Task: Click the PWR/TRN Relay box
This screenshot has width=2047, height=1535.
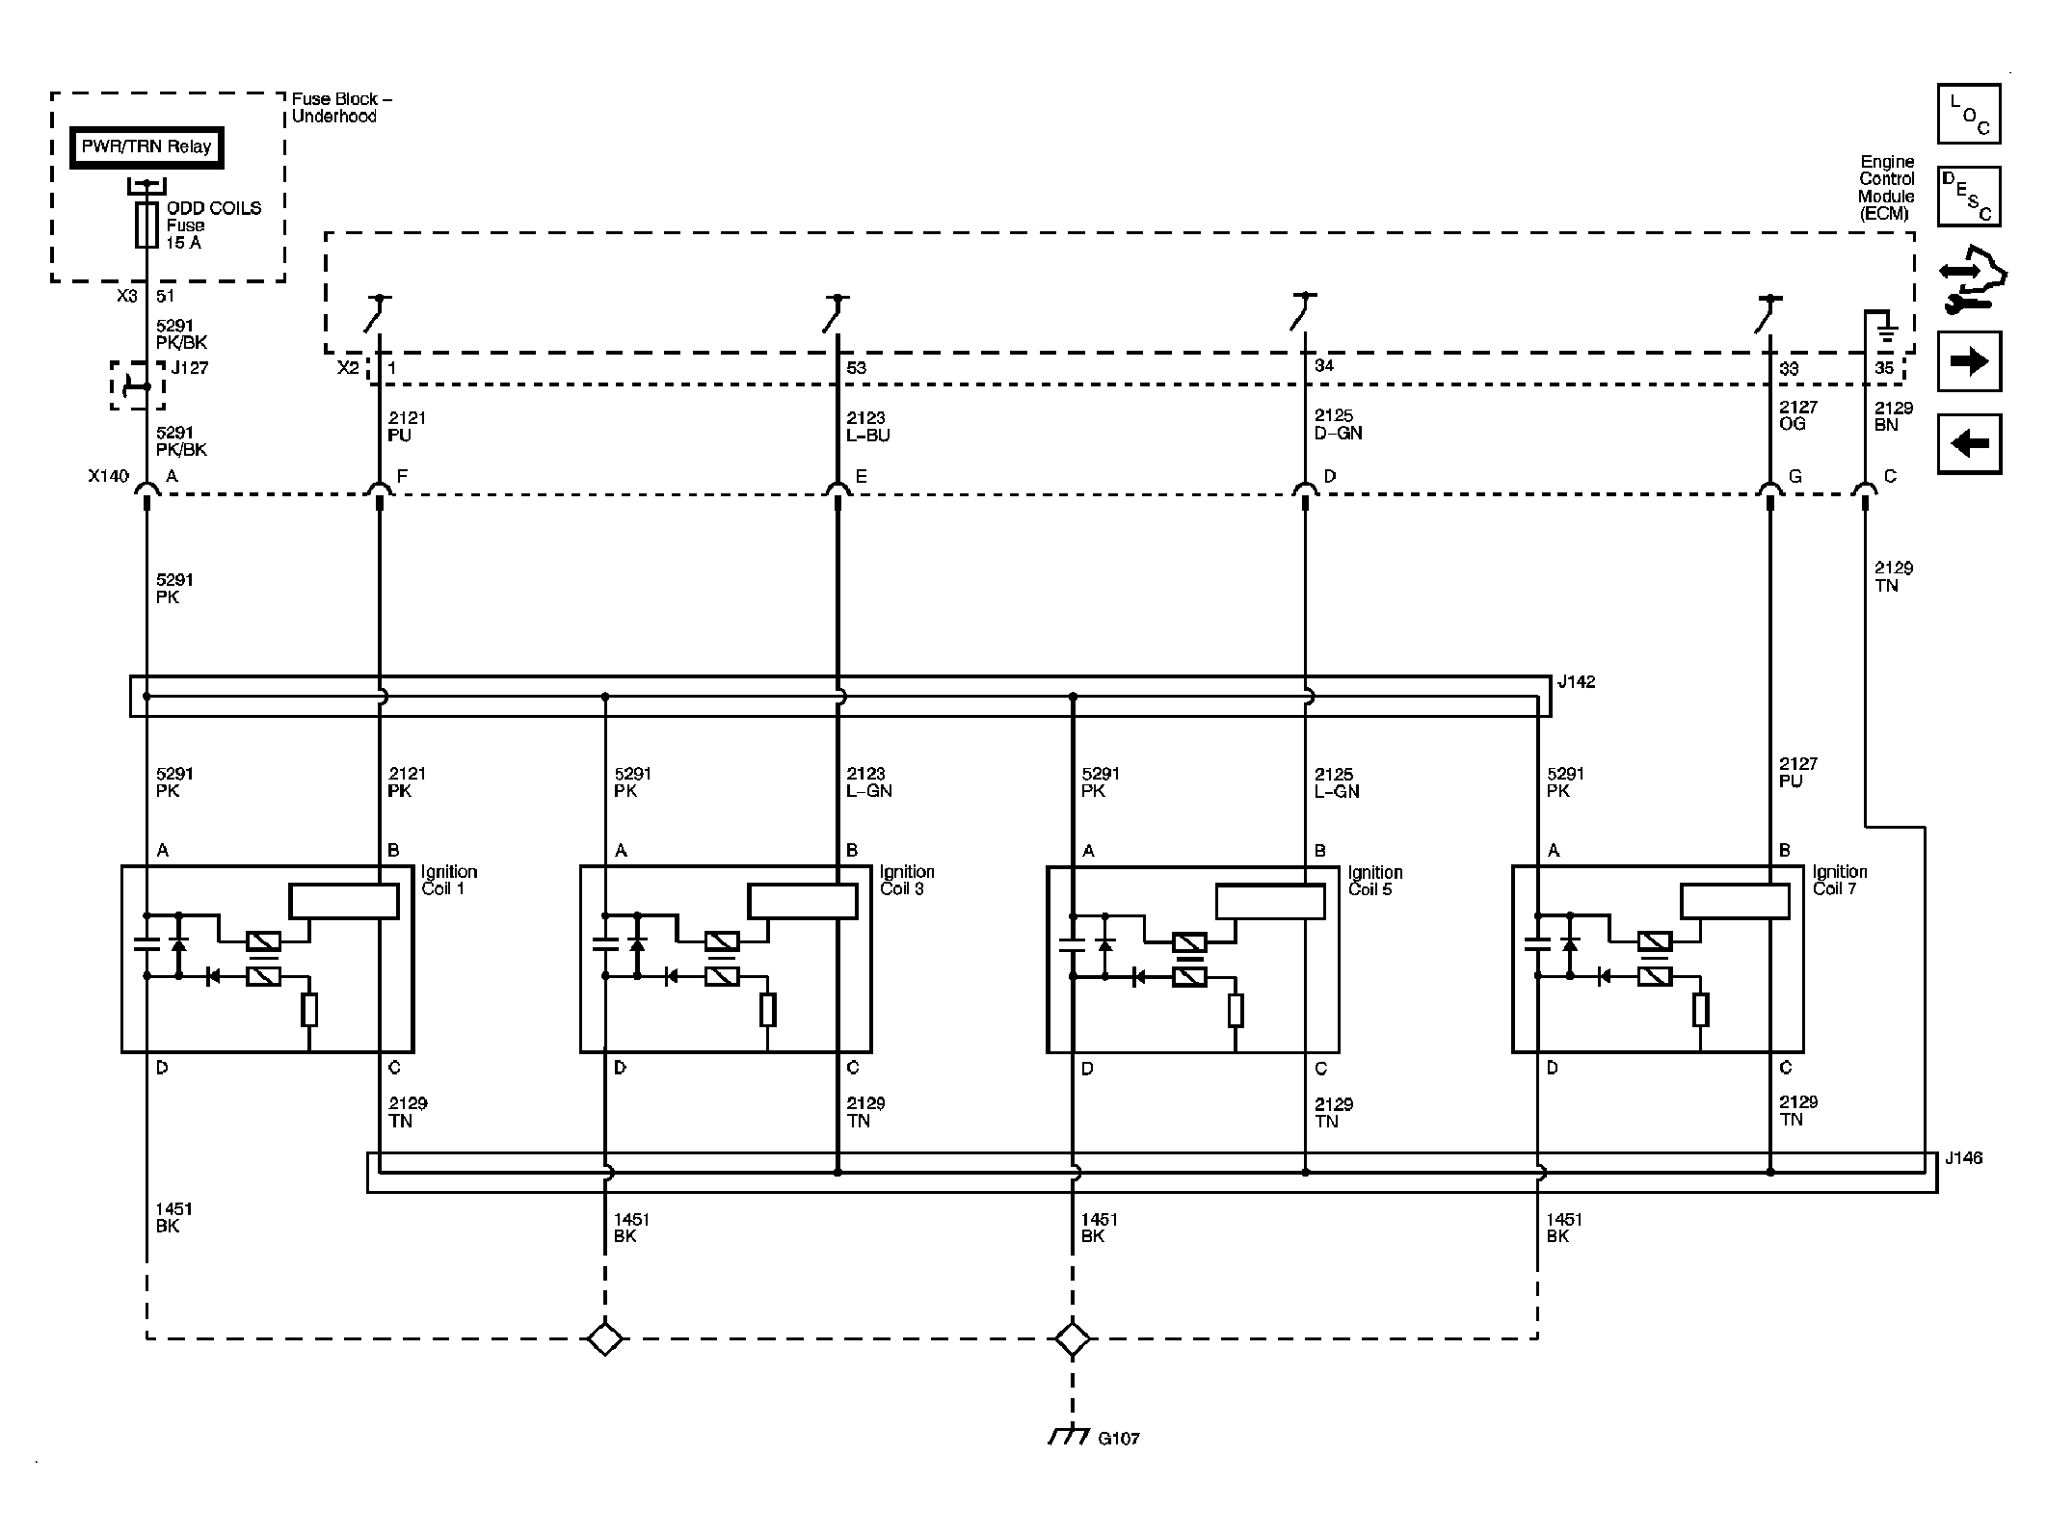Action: pos(146,147)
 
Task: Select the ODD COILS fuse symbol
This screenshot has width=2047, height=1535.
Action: pos(146,225)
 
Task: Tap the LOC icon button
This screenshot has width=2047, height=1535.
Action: pos(1969,114)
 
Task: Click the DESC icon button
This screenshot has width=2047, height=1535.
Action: pos(1969,196)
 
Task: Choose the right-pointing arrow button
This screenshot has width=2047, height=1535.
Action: pos(1969,361)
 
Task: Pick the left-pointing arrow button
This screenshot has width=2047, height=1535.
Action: pos(1969,443)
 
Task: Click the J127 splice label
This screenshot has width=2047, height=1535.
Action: pos(190,367)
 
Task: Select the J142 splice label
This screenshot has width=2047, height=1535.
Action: pos(1577,682)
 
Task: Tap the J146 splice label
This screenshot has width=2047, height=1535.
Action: pos(1963,1158)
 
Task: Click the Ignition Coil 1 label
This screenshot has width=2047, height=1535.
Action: pos(449,880)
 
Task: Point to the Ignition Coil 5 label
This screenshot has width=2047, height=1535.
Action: pos(1374,881)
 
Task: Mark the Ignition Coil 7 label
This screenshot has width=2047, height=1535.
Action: pos(1839,880)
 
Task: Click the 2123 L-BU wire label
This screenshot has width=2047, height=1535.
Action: pos(868,426)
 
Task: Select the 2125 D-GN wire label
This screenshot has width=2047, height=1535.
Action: pos(1338,424)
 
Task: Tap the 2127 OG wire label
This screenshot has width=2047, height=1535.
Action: pos(1797,415)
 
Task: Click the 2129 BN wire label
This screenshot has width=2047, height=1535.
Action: pos(1893,416)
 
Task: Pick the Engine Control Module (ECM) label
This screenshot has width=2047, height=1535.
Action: pos(1886,188)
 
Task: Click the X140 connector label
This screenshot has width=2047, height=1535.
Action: pos(108,476)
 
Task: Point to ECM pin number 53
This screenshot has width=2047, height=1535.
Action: pos(856,368)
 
